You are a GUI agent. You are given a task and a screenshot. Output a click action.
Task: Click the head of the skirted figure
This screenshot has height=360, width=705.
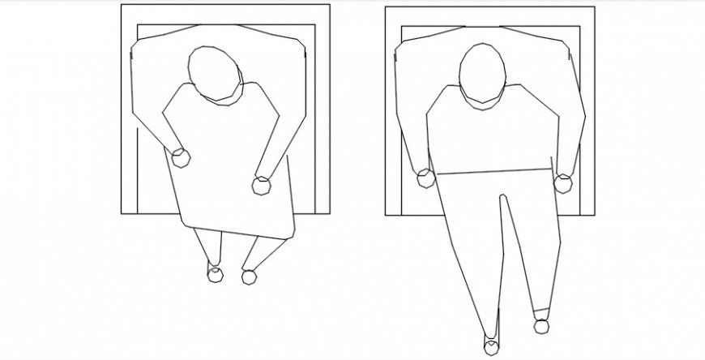pos(215,73)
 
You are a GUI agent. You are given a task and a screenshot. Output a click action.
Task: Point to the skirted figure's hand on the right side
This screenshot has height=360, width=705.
pos(263,185)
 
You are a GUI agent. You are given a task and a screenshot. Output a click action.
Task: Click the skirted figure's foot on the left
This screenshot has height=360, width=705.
pos(216,274)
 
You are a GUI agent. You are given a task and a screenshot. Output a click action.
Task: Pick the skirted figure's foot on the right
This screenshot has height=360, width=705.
pos(249,276)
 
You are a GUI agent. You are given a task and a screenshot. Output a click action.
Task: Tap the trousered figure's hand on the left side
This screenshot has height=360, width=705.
pos(426,179)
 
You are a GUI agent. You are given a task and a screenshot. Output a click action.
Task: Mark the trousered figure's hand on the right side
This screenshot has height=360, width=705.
pos(563,184)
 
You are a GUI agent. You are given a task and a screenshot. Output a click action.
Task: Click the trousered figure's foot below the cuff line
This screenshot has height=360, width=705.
pos(541,325)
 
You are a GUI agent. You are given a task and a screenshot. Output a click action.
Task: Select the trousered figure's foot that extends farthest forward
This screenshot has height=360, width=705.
pos(491,347)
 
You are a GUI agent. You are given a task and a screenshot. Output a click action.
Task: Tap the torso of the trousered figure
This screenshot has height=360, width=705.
pos(493,134)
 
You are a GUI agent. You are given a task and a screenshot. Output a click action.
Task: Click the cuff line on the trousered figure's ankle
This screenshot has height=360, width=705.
pos(540,311)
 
